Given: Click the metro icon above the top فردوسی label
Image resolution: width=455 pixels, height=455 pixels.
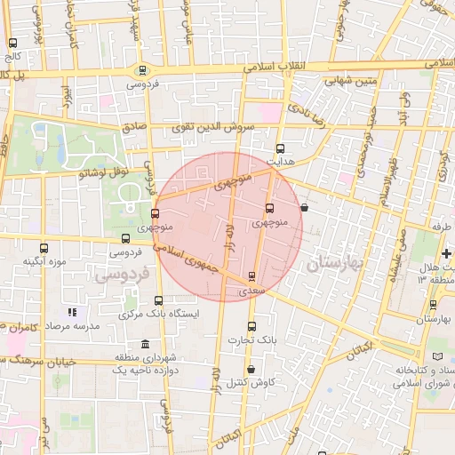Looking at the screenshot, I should [142, 69].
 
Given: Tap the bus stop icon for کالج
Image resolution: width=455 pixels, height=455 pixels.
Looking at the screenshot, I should [12, 43].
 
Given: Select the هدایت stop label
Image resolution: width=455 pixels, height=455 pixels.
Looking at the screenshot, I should [281, 163].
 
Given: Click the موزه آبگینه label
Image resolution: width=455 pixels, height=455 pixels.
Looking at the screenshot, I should [45, 261].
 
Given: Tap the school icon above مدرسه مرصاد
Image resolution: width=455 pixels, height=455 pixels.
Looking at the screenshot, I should [73, 312].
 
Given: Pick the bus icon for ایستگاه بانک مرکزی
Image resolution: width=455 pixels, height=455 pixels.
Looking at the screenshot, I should [158, 300].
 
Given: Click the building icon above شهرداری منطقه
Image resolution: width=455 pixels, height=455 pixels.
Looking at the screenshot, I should [144, 345].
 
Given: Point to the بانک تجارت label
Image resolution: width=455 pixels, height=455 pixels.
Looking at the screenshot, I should [251, 339].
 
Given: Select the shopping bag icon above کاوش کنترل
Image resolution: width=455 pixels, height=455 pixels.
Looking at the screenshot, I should [251, 369].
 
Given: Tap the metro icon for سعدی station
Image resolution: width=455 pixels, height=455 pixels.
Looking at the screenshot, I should [252, 276].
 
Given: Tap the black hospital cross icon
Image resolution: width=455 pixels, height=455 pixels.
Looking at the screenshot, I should [446, 254].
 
